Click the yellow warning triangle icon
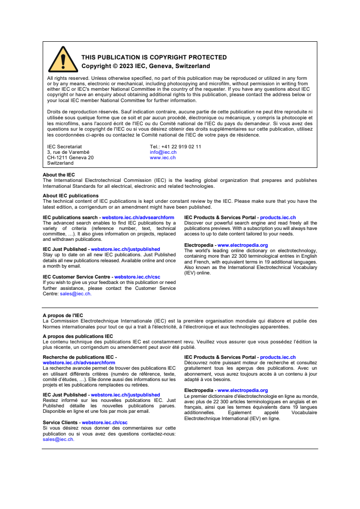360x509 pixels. [x=63, y=60]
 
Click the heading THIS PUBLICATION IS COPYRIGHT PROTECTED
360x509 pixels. [x=154, y=58]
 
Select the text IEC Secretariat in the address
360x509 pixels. [x=64, y=147]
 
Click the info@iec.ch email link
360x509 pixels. [x=163, y=152]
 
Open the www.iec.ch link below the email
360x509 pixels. [x=163, y=158]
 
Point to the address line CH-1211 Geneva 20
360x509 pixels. [x=70, y=158]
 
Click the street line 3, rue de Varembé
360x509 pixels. [x=68, y=152]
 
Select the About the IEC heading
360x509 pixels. [x=59, y=175]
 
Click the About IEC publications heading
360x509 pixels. [x=70, y=196]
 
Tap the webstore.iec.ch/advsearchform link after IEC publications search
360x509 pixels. [x=138, y=218]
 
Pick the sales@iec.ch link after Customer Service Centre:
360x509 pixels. [x=75, y=294]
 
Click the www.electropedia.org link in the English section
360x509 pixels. [x=242, y=245]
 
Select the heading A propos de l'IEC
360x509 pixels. [x=63, y=315]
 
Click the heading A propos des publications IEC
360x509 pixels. [x=78, y=336]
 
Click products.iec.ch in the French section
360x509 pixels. [x=277, y=357]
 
